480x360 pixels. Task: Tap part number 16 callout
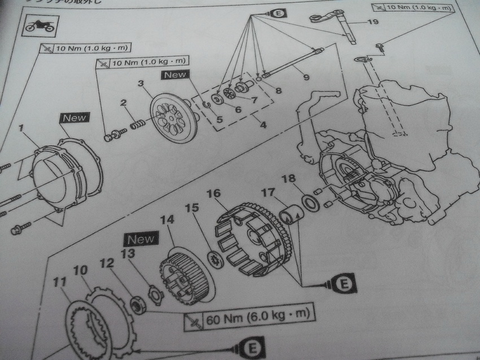click(x=213, y=194)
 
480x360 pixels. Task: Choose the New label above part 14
click(x=141, y=239)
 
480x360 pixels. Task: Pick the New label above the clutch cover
click(x=74, y=117)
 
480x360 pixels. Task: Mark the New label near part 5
click(x=176, y=74)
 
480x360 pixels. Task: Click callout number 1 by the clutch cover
click(x=20, y=129)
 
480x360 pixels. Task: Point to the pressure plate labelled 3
click(x=173, y=110)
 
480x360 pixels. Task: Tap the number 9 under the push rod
click(x=306, y=77)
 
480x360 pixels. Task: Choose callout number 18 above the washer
click(x=289, y=179)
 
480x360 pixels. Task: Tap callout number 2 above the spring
click(x=123, y=103)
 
